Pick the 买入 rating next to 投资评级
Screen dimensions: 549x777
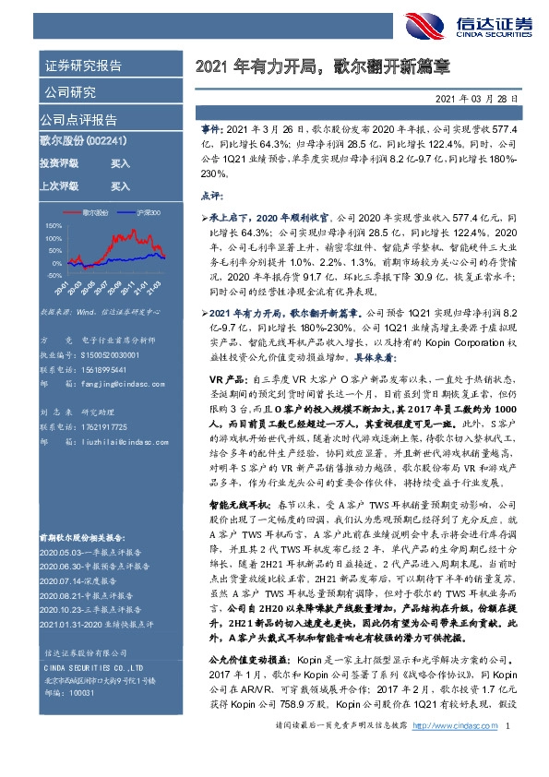pos(120,163)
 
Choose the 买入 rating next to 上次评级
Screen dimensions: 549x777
pos(120,185)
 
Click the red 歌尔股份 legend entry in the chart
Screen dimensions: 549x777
pos(95,211)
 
